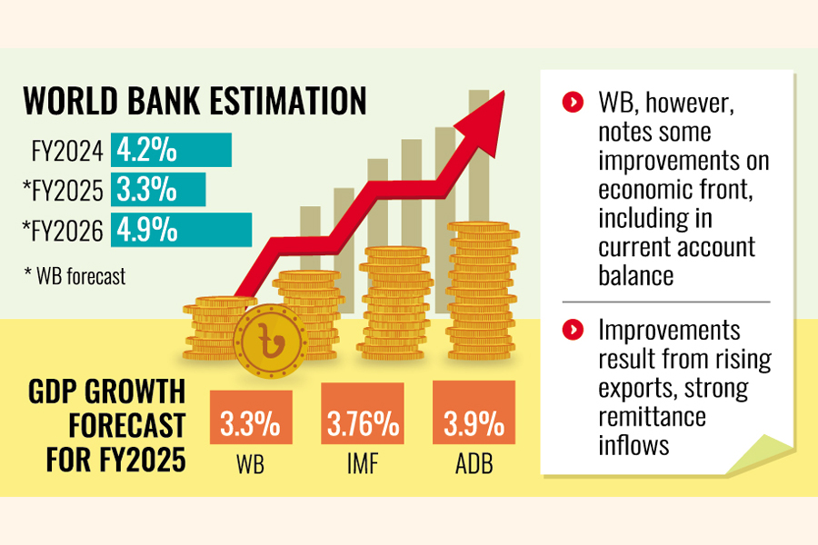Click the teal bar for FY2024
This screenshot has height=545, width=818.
tap(171, 150)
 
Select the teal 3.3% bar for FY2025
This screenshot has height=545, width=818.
tap(158, 190)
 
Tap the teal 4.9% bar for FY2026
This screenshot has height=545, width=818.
tap(181, 230)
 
